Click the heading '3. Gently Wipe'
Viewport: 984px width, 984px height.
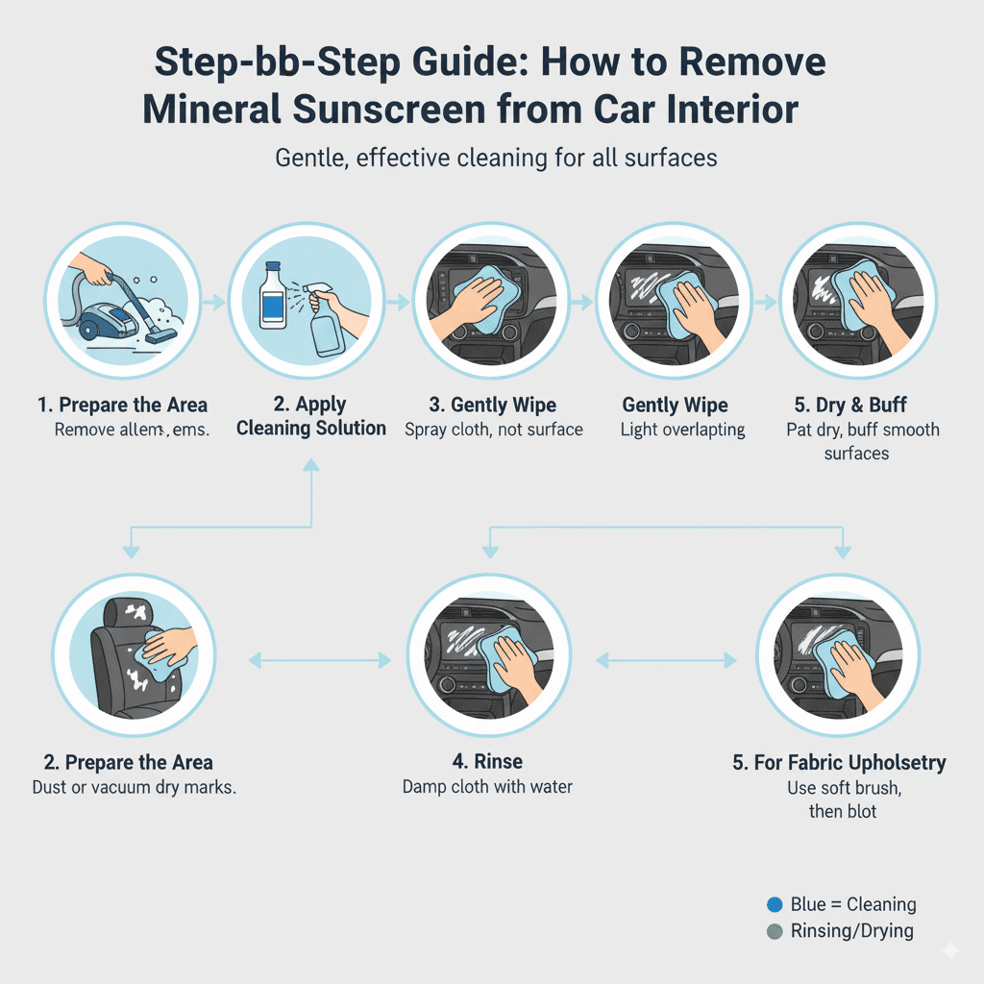(493, 405)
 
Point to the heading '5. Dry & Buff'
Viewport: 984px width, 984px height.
(855, 405)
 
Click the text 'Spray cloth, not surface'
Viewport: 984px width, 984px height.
(493, 430)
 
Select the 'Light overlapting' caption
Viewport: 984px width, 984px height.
(675, 430)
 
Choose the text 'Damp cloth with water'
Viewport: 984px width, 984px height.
(486, 787)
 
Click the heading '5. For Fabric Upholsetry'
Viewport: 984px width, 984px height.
(839, 763)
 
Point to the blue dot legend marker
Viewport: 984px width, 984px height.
(775, 904)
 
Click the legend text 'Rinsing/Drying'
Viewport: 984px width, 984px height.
(851, 930)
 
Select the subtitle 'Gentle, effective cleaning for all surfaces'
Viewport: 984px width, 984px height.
(496, 157)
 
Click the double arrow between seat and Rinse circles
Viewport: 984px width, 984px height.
(320, 660)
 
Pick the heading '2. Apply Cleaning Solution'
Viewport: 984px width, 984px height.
(311, 416)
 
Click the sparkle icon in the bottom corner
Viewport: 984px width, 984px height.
(949, 950)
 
